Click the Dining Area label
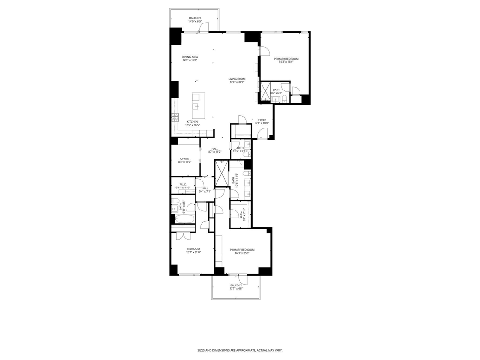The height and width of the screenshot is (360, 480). tap(190, 59)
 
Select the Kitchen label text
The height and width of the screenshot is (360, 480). tap(192, 123)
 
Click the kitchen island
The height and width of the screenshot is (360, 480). tap(198, 107)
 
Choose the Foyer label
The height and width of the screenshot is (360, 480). tap(262, 121)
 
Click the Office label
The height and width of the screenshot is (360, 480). tap(185, 160)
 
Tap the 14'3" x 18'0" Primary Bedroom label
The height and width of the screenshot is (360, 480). tap(286, 60)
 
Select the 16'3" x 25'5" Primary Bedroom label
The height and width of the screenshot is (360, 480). tap(242, 252)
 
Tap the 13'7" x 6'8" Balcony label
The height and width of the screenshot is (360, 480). tap(236, 287)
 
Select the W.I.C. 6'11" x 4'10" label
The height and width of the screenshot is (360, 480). tap(183, 186)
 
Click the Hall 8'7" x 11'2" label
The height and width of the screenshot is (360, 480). tap(214, 150)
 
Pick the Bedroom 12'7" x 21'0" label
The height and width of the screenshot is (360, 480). tap(193, 250)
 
